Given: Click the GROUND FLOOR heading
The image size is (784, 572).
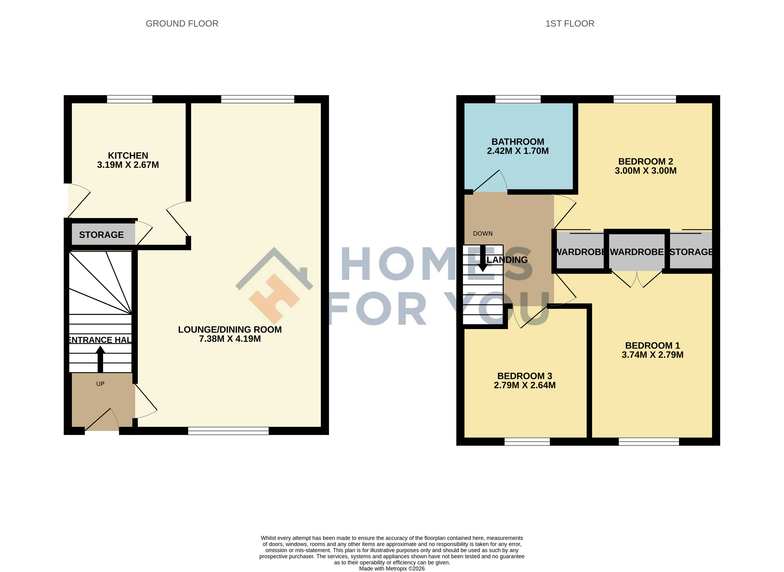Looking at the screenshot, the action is (182, 23).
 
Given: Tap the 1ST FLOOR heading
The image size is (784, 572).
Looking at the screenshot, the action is (570, 23).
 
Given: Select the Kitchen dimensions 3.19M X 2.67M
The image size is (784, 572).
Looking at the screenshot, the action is (128, 165).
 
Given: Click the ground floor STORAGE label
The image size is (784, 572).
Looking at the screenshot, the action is (101, 235).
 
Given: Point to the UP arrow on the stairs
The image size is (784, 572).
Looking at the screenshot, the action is (100, 359).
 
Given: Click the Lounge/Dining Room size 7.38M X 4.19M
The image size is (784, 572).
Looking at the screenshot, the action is (230, 339).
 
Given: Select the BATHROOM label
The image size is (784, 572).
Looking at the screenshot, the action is (518, 142).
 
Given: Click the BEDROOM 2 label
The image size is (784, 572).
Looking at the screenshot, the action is (645, 161).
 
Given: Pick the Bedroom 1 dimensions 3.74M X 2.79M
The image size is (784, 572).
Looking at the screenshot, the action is (652, 355).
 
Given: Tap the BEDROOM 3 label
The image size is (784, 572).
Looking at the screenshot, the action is (524, 376).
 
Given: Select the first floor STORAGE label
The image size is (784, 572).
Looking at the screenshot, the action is (691, 252).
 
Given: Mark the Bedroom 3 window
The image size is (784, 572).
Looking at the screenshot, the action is (527, 442).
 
